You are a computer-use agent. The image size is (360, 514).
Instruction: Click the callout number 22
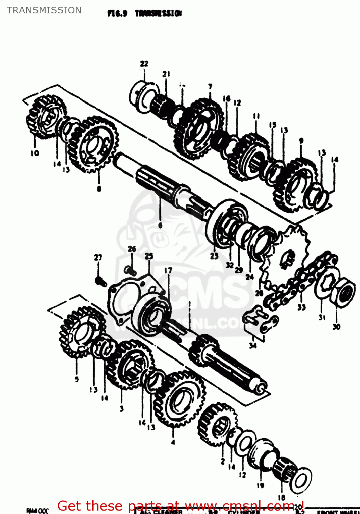pyautogui.click(x=144, y=64)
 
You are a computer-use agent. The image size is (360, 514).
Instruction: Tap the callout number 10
pyautogui.click(x=35, y=153)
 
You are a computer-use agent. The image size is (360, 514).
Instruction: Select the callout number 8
pyautogui.click(x=99, y=188)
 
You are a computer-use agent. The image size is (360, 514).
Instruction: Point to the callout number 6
pyautogui.click(x=160, y=225)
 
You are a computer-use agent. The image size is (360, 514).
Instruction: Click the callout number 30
pyautogui.click(x=336, y=327)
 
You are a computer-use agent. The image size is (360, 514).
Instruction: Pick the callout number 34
pyautogui.click(x=253, y=345)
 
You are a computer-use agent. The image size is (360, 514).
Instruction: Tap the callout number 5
pyautogui.click(x=77, y=379)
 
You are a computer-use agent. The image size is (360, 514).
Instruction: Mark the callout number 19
pyautogui.click(x=260, y=485)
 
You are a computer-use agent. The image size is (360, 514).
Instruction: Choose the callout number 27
pyautogui.click(x=98, y=257)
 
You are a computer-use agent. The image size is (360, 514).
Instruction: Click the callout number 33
pyautogui.click(x=301, y=307)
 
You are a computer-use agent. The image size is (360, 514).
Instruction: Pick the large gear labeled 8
pyautogui.click(x=93, y=144)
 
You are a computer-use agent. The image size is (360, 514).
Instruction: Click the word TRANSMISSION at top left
pyautogui.click(x=44, y=10)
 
